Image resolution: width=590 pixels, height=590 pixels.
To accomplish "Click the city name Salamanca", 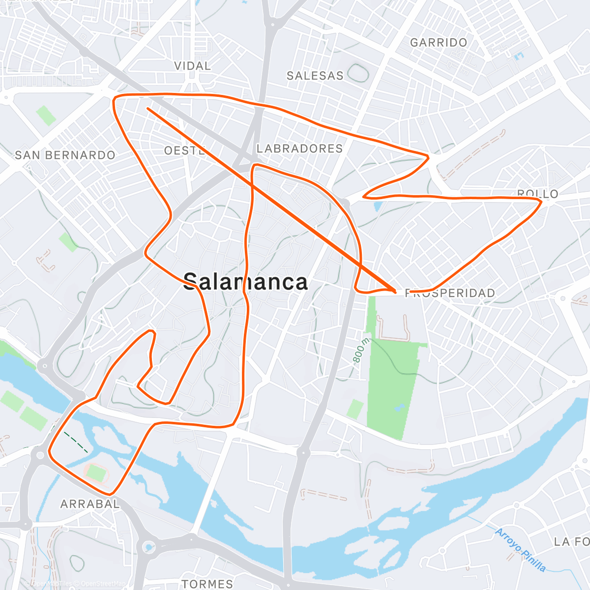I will click(x=245, y=282).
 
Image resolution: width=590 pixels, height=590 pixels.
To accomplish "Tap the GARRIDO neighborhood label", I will click(x=439, y=43).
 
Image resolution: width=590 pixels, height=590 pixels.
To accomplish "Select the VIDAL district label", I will click(x=192, y=66).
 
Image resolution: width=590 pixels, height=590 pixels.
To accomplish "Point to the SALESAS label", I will click(x=315, y=76).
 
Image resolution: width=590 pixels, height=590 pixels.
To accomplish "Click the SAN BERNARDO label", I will click(x=65, y=155).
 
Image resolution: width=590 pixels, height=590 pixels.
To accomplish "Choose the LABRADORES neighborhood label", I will click(x=299, y=148).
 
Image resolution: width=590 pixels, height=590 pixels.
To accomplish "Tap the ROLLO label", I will click(x=537, y=194).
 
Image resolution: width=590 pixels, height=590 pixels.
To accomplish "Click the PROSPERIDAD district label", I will click(x=450, y=294).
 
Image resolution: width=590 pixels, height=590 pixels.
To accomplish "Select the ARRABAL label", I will click(x=89, y=504).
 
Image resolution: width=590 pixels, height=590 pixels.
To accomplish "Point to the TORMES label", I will click(x=207, y=584).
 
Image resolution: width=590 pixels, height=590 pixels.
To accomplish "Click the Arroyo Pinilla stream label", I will click(x=520, y=550).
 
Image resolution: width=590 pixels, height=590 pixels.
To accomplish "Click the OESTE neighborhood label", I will click(x=185, y=150).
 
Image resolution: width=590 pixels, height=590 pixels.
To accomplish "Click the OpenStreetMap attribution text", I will click(x=102, y=584).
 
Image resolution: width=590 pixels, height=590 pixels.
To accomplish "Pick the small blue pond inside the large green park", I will click(x=399, y=408).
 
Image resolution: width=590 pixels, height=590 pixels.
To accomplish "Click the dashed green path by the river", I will click(x=77, y=442).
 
